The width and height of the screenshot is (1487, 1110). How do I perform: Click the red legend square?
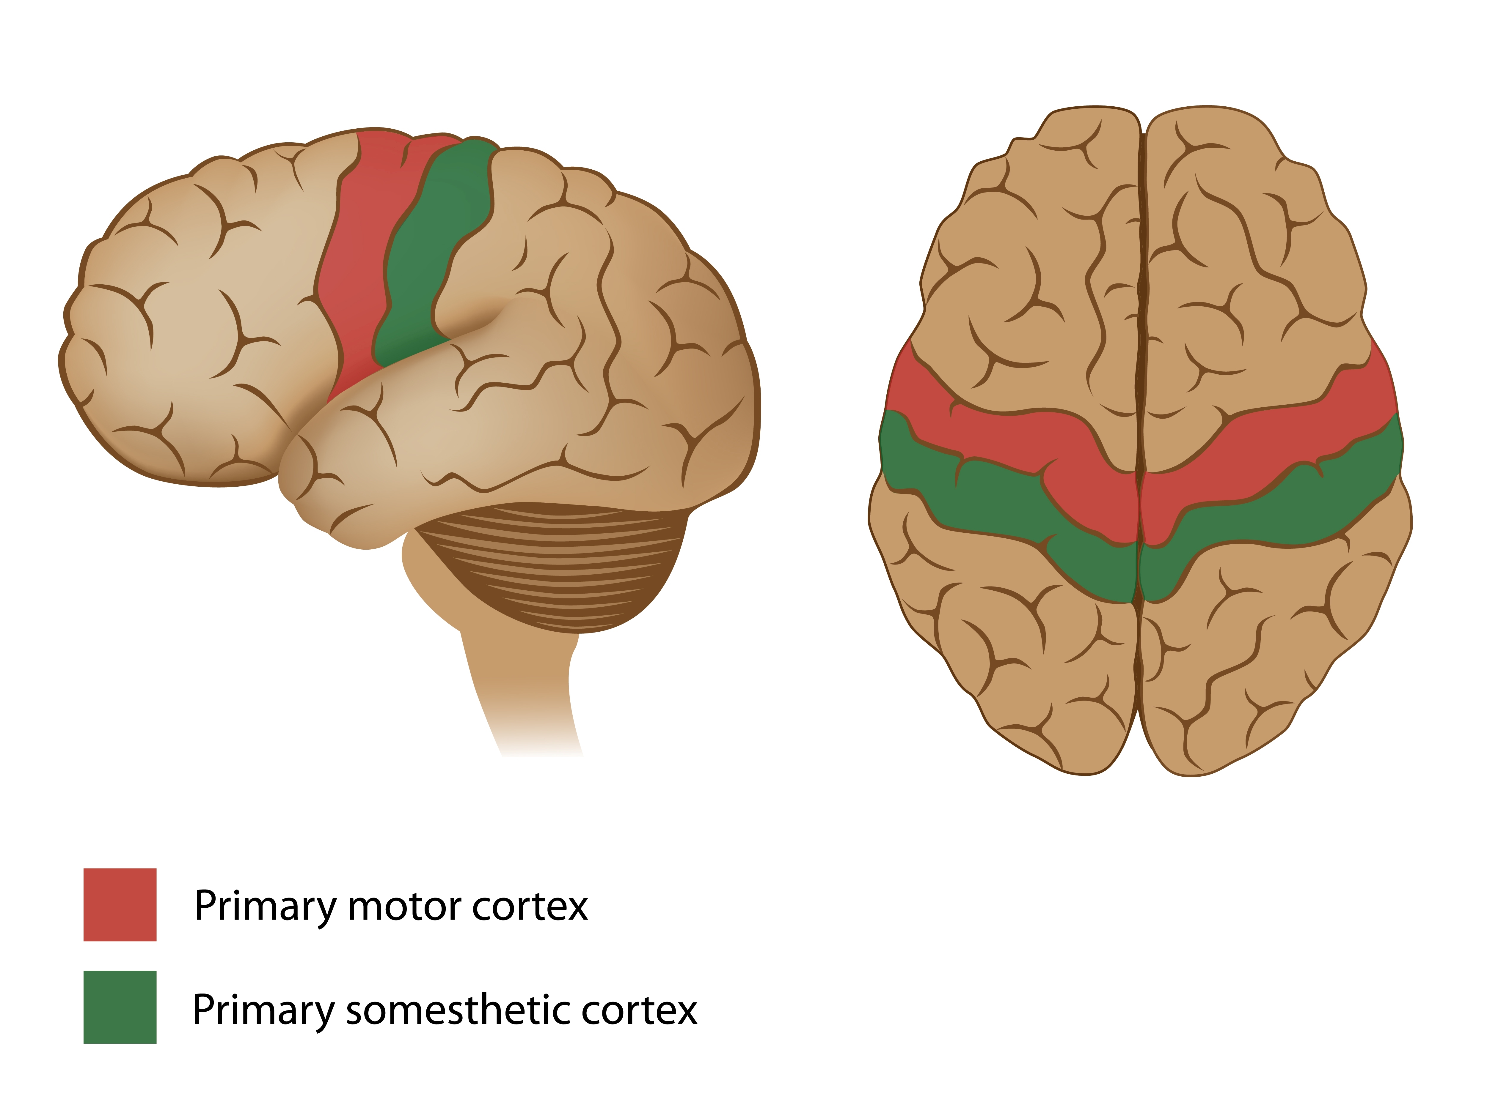(120, 904)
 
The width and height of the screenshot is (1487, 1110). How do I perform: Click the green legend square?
(120, 1007)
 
